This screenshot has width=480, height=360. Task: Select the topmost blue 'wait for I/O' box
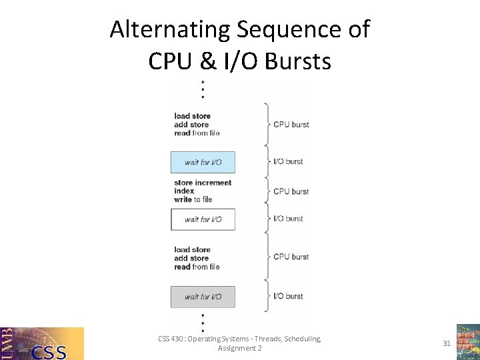(x=203, y=162)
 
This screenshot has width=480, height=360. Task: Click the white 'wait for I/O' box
(x=203, y=219)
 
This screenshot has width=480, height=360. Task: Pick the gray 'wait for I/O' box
(x=203, y=297)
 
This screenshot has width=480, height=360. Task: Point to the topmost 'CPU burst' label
(x=291, y=124)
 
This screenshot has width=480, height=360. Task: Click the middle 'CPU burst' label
(x=291, y=191)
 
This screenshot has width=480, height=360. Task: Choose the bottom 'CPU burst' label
(x=291, y=257)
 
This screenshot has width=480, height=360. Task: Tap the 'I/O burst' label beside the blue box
(x=288, y=161)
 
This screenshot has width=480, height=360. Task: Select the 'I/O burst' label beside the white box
(x=288, y=219)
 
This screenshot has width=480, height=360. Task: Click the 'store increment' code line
(x=203, y=183)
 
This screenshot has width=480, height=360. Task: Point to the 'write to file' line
(x=193, y=199)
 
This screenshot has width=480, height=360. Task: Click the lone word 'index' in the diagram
(x=184, y=191)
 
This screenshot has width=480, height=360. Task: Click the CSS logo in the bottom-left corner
(x=42, y=343)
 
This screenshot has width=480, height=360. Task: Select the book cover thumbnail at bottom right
(x=467, y=342)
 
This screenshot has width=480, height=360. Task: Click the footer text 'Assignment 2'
(x=240, y=348)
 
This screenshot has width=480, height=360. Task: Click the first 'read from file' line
(x=197, y=133)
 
